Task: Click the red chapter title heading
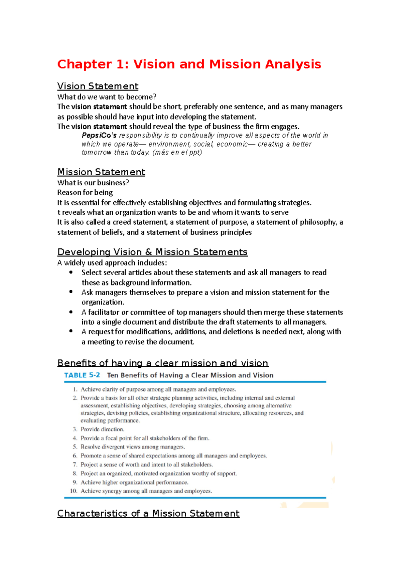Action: tap(189, 64)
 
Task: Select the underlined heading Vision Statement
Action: tap(98, 86)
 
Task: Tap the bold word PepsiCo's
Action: tap(99, 135)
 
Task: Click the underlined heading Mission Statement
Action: tap(101, 172)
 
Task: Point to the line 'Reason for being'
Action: tap(85, 192)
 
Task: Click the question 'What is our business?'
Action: tap(93, 183)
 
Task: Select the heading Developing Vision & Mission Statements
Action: tap(152, 252)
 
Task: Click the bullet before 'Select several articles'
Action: tap(71, 272)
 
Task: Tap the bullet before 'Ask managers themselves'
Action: tap(71, 292)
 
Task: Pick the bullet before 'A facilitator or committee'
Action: tap(71, 312)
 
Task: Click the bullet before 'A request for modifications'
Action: tap(71, 331)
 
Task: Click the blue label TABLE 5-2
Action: tap(82, 375)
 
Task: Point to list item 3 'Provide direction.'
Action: tap(102, 429)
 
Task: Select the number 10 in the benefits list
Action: tap(74, 491)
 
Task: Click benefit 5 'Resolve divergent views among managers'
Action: tap(133, 447)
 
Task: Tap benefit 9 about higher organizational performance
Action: tap(134, 483)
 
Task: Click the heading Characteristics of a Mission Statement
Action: tap(148, 514)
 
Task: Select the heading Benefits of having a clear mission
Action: tap(163, 363)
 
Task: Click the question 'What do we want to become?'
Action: tap(107, 97)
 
